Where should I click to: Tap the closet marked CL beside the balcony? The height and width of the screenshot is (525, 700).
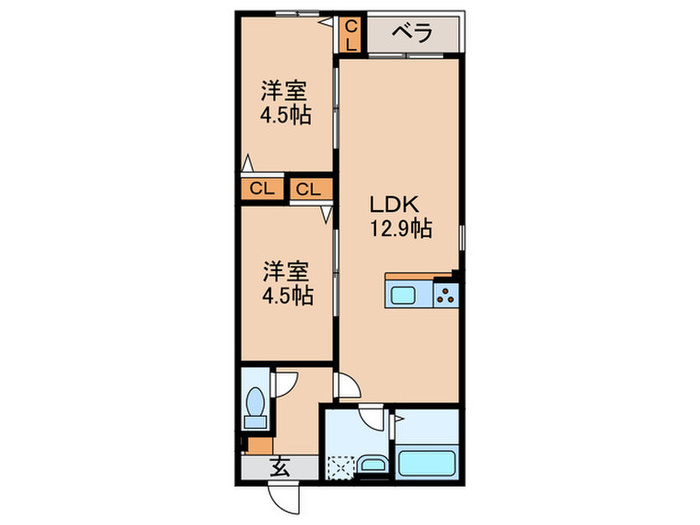[351, 36]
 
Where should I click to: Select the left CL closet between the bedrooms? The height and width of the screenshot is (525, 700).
[261, 188]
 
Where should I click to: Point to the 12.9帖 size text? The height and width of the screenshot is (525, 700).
[398, 229]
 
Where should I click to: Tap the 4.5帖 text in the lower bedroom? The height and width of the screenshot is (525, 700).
[287, 296]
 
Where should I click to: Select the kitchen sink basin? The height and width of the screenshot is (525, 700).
[406, 295]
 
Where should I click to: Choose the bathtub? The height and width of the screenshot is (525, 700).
[427, 464]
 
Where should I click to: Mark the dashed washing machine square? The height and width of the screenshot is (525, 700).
[342, 466]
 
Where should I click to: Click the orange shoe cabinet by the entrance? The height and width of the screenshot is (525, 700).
[260, 446]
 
